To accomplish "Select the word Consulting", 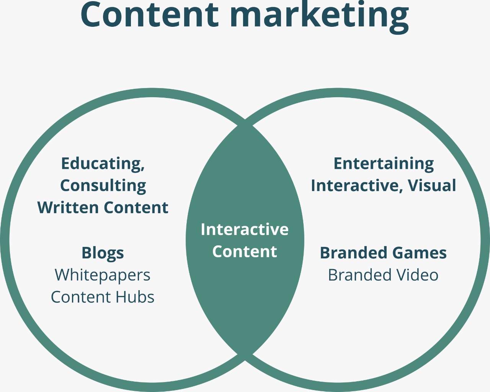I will pyautogui.click(x=103, y=186).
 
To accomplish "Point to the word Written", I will pyautogui.click(x=68, y=207).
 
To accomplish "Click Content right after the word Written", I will pyautogui.click(x=136, y=207).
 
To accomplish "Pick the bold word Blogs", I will pyautogui.click(x=103, y=253).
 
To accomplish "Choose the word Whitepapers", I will pyautogui.click(x=103, y=275).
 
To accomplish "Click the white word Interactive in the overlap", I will pyautogui.click(x=245, y=229).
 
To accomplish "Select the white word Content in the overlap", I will pyautogui.click(x=245, y=252).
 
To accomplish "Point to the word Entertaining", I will pyautogui.click(x=384, y=163).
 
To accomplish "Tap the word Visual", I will pyautogui.click(x=432, y=186).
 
